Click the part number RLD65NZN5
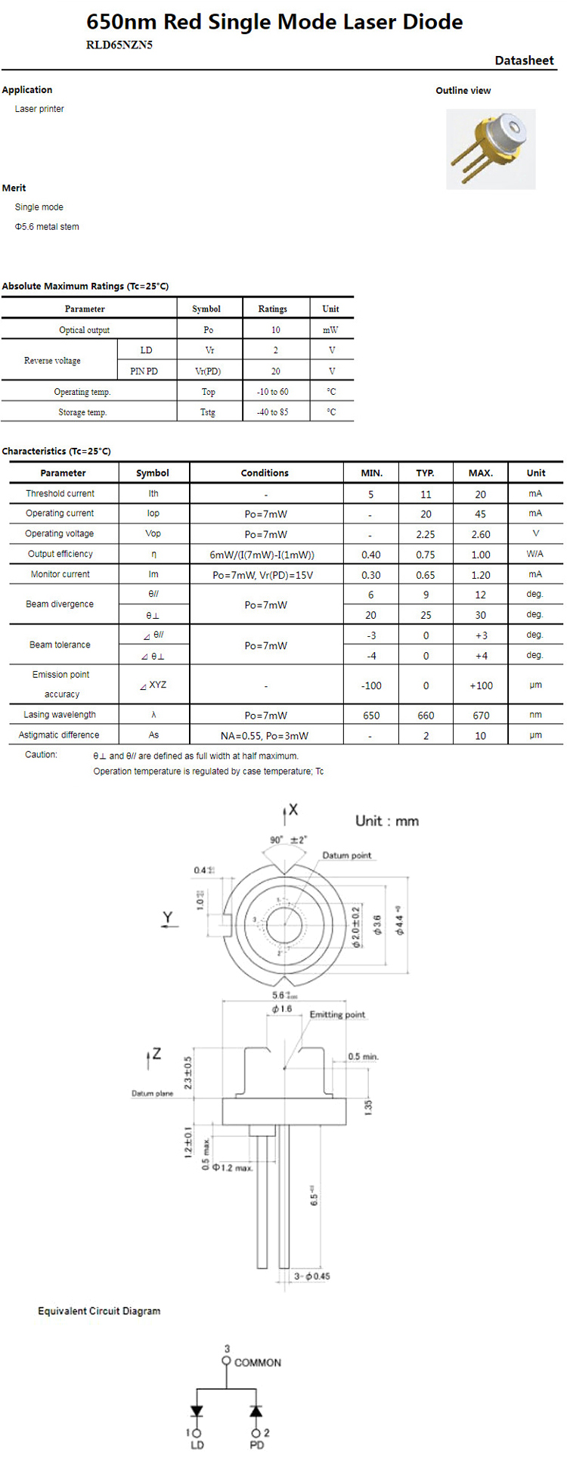[x=119, y=45]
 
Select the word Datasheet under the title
[x=524, y=61]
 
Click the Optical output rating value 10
[x=275, y=330]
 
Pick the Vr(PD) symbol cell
[x=208, y=371]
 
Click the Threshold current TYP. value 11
[x=426, y=494]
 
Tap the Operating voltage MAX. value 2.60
[x=481, y=534]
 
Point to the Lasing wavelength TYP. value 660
[x=426, y=715]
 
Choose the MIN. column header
[x=371, y=473]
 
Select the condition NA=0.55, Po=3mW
[x=265, y=735]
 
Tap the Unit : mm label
[x=386, y=821]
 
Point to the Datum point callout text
[x=347, y=856]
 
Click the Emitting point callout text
[x=336, y=1014]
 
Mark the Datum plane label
[x=152, y=1093]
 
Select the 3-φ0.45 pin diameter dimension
[x=312, y=1276]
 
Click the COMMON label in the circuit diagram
[x=257, y=1362]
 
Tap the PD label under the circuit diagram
[x=257, y=1445]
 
